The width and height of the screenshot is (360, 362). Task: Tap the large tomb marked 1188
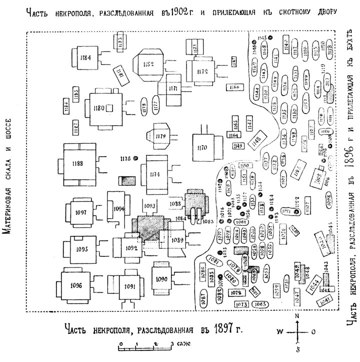[x=77, y=164]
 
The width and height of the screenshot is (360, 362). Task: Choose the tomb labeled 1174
[x=155, y=174]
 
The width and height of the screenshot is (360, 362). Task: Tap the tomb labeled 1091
[x=130, y=286]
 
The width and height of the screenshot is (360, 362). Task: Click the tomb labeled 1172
[x=202, y=72]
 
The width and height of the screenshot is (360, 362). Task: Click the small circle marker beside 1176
[x=135, y=159]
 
